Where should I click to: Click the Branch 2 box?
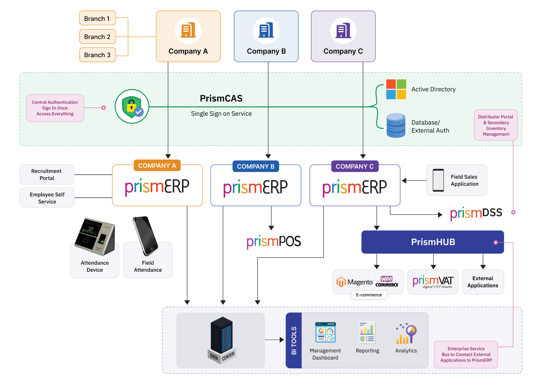[97, 37]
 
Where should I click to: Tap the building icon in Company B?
[266, 30]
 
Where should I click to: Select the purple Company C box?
[343, 36]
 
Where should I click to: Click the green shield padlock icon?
[132, 106]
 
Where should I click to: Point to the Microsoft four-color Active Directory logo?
[396, 89]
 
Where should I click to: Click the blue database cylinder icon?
[396, 125]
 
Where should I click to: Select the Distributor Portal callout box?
[496, 125]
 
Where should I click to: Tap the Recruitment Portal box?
[47, 175]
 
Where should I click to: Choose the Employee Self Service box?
[47, 198]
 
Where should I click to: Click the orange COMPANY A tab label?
[157, 166]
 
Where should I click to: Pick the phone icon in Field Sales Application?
[438, 180]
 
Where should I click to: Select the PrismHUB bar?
[433, 242]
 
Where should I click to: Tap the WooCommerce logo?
[387, 282]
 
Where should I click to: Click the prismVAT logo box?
[433, 282]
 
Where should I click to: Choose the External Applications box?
[483, 282]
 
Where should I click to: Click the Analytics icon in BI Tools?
[406, 334]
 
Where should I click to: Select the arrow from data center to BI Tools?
[274, 340]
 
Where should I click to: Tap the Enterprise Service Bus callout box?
[466, 354]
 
